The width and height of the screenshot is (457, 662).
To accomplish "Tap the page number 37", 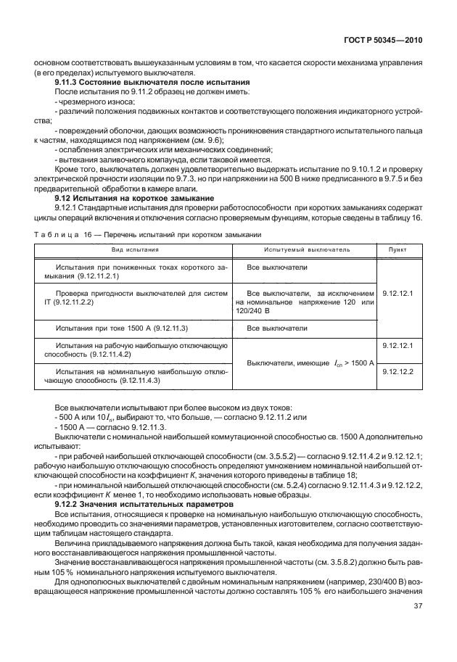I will pyautogui.click(x=419, y=627).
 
